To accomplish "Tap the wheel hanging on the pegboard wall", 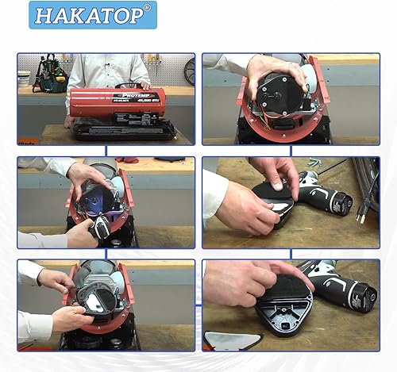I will tap(190, 73).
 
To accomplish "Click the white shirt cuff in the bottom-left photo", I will tap(32, 272).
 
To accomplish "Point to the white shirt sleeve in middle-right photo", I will tap(213, 198).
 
